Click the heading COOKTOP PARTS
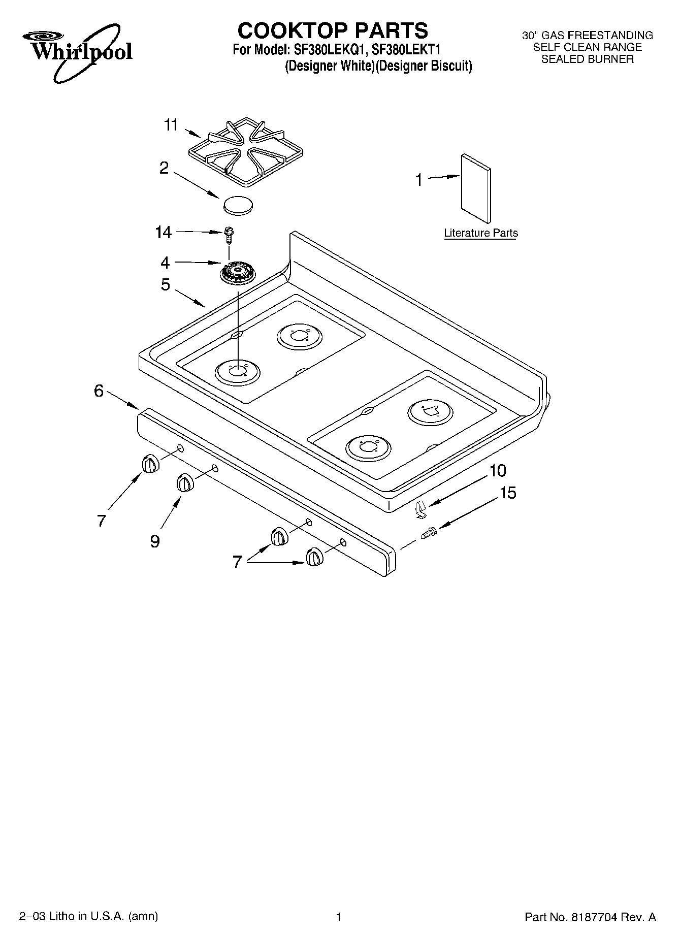click(333, 30)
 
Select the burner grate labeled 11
click(245, 151)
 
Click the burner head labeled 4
click(238, 275)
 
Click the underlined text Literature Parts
click(480, 233)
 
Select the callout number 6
click(99, 391)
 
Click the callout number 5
click(165, 285)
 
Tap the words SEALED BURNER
click(587, 59)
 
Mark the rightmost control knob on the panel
click(314, 557)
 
